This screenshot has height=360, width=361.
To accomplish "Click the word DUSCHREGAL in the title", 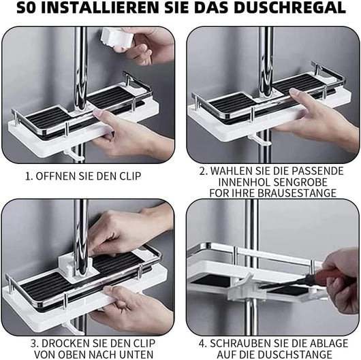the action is [290, 7].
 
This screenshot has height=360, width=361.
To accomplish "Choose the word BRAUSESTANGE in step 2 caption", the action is [297, 193].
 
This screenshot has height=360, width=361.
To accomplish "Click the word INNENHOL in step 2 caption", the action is [245, 182].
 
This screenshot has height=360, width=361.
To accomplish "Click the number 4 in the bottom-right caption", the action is [202, 344].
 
